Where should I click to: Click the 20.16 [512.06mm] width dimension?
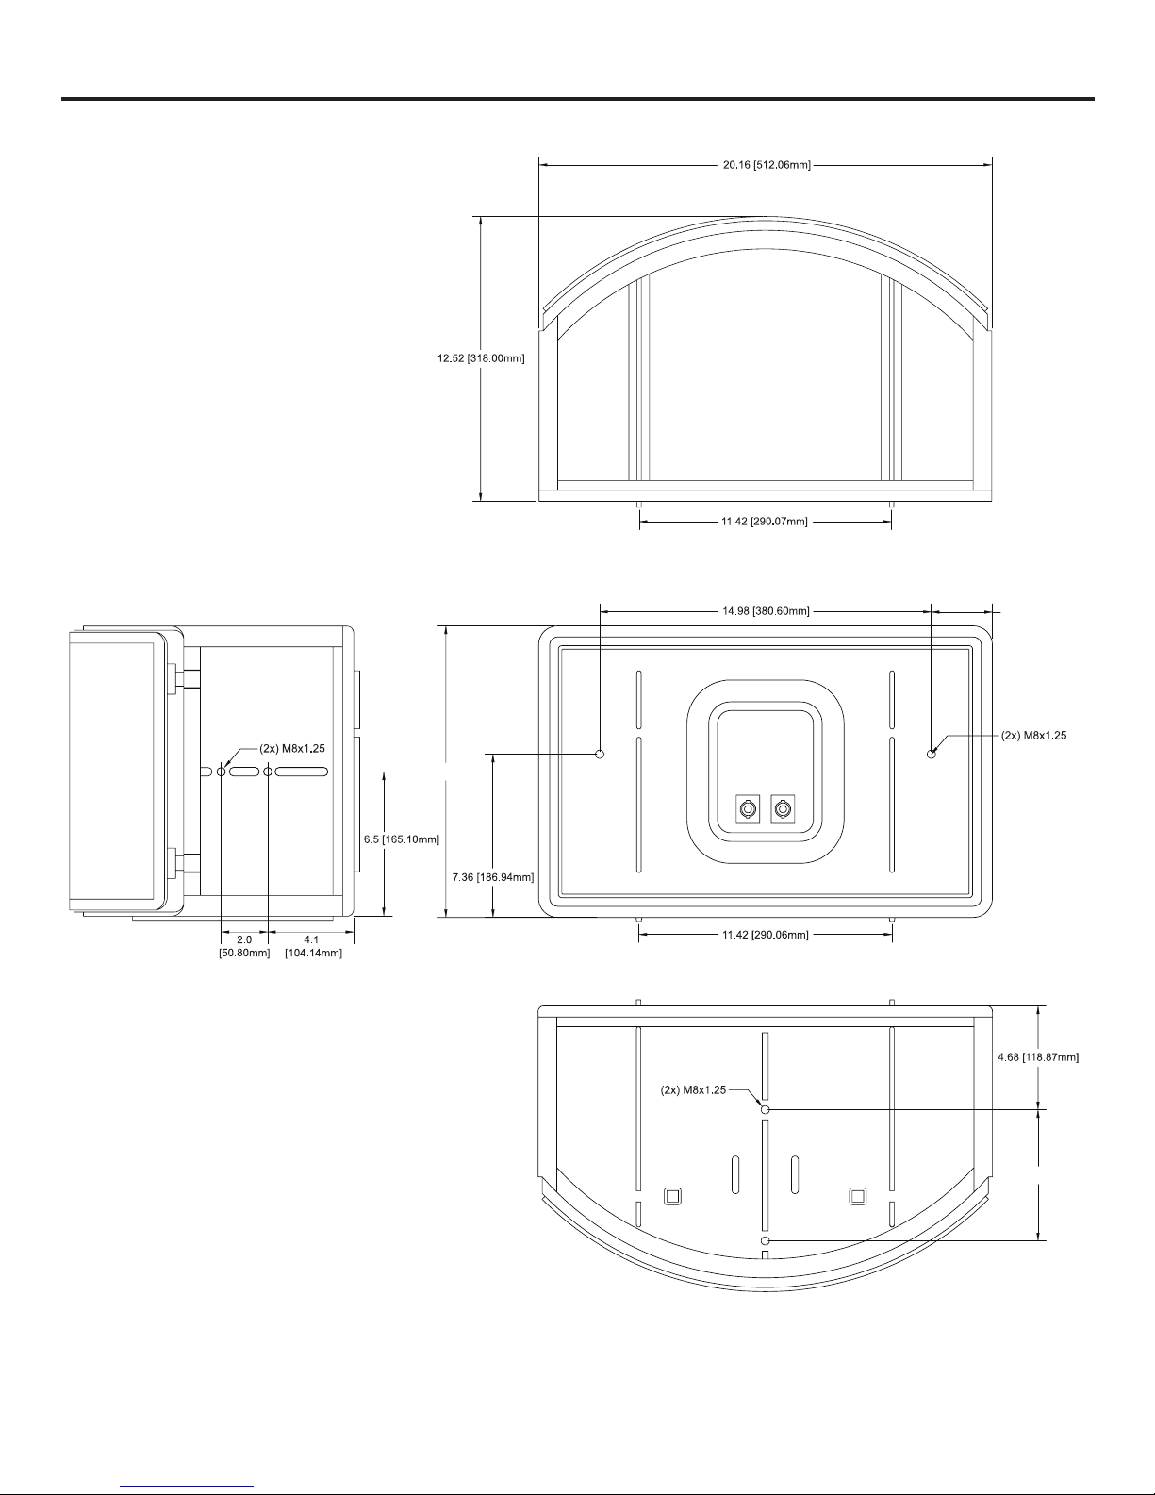coord(767,165)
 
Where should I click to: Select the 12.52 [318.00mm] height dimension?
coord(481,358)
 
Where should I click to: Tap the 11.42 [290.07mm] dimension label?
coord(765,522)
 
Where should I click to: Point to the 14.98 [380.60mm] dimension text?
coord(766,611)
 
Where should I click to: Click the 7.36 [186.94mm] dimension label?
coord(493,877)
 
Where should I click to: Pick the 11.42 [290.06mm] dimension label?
coord(766,935)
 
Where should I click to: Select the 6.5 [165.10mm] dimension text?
coord(402,839)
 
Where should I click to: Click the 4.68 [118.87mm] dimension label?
coord(1038,1056)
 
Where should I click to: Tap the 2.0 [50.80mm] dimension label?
coord(244,946)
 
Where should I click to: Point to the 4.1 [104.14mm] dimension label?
coord(313,946)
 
